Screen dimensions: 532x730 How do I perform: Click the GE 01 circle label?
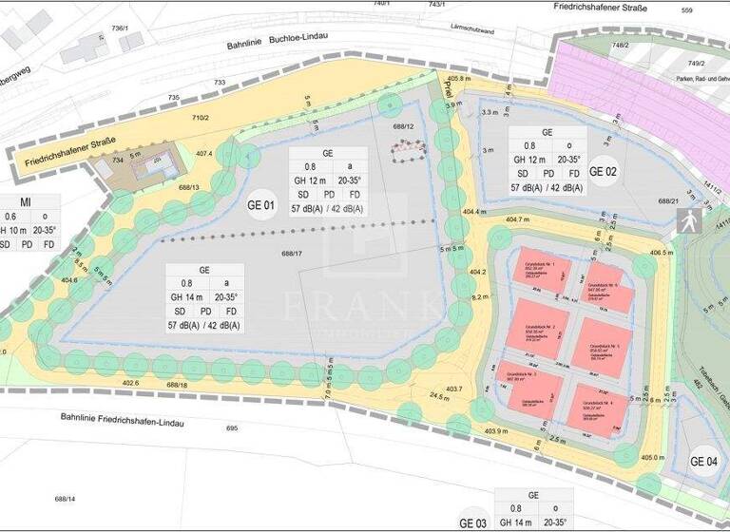tap(261, 204)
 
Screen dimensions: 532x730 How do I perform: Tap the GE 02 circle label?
tap(604, 172)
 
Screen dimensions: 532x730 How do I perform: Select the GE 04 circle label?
tap(705, 462)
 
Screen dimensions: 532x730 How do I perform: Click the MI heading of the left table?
tap(26, 201)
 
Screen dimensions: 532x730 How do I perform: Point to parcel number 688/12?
tap(404, 125)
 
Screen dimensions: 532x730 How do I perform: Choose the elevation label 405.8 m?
tap(461, 79)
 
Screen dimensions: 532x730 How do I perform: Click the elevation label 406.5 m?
tap(662, 254)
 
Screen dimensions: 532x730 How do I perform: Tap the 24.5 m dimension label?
tap(439, 395)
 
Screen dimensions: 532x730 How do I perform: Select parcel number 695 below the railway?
tap(231, 429)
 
